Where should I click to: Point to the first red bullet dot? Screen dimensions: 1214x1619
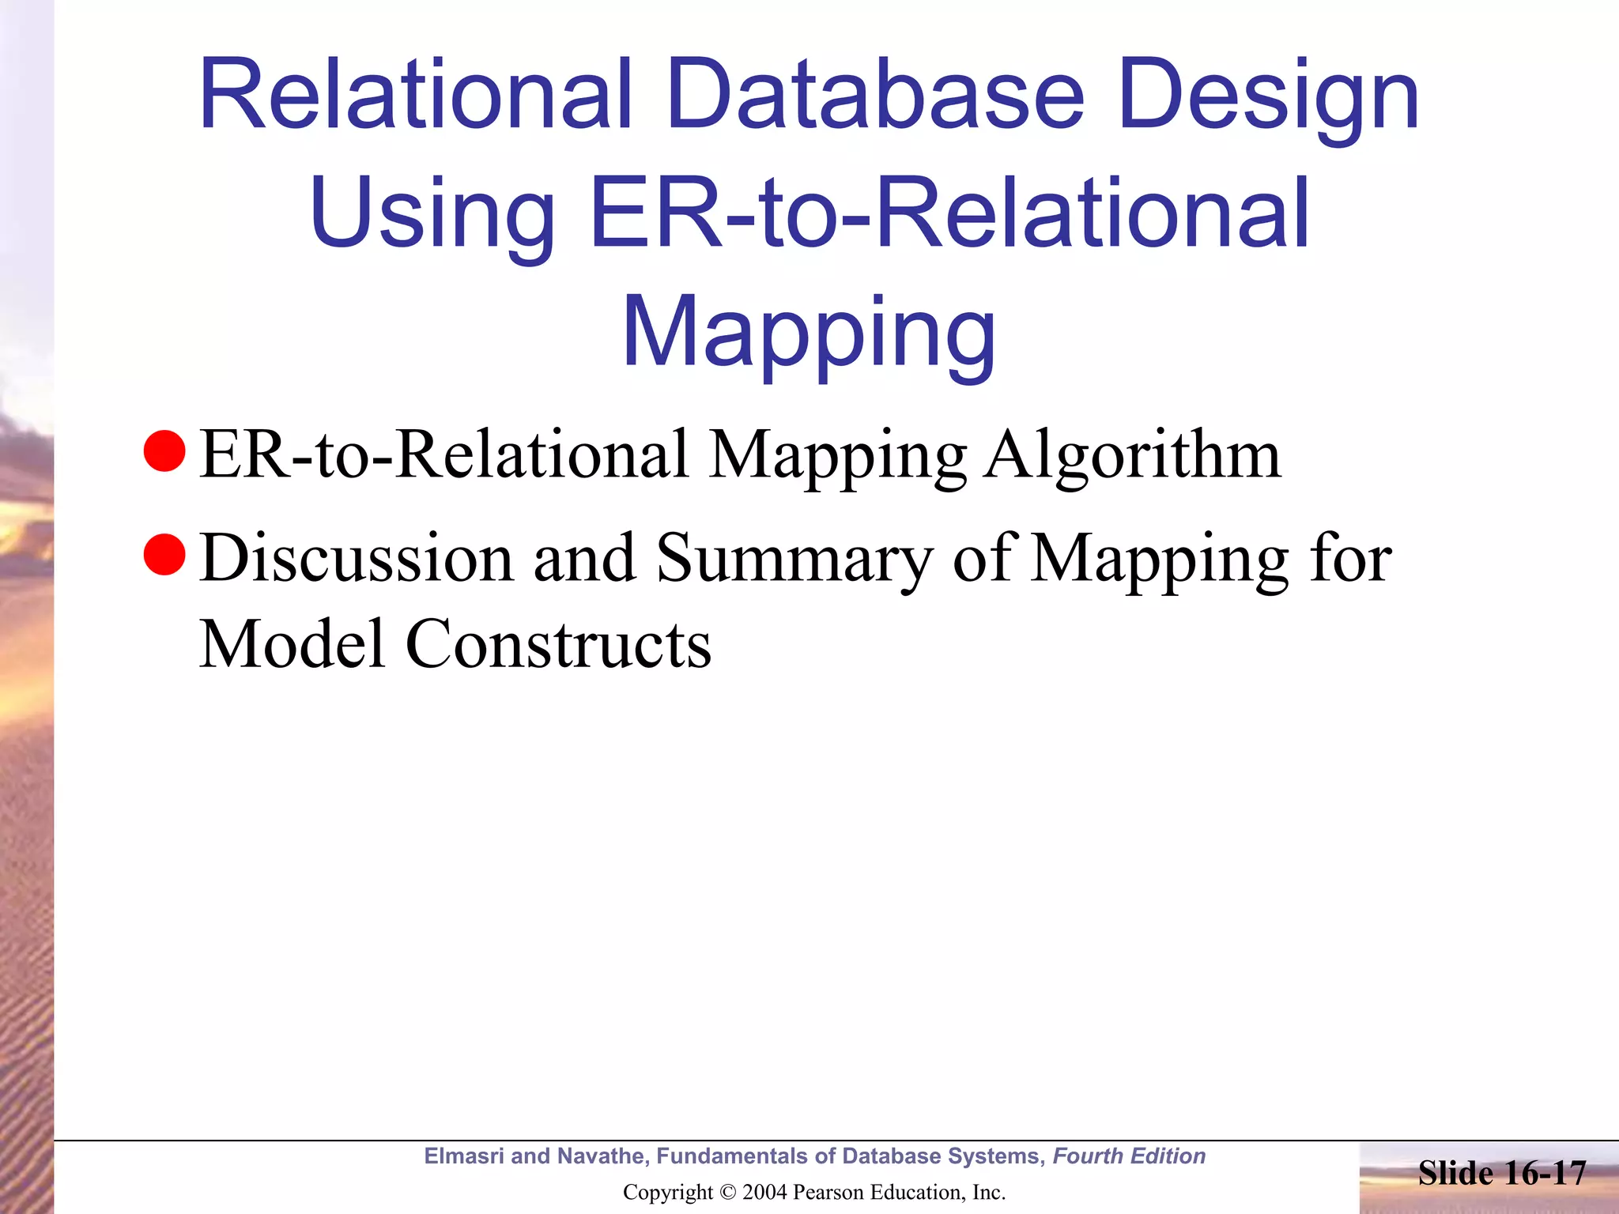(164, 451)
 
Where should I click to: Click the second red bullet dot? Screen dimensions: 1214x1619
(164, 555)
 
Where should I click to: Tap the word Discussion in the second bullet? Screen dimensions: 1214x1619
(356, 558)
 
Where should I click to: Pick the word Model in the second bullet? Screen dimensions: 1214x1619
(292, 643)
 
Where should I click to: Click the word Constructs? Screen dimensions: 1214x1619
(558, 643)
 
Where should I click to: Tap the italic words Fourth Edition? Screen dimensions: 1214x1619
(1129, 1156)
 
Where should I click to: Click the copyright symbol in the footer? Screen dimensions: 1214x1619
(728, 1193)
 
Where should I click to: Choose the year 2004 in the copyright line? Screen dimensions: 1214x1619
(765, 1193)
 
